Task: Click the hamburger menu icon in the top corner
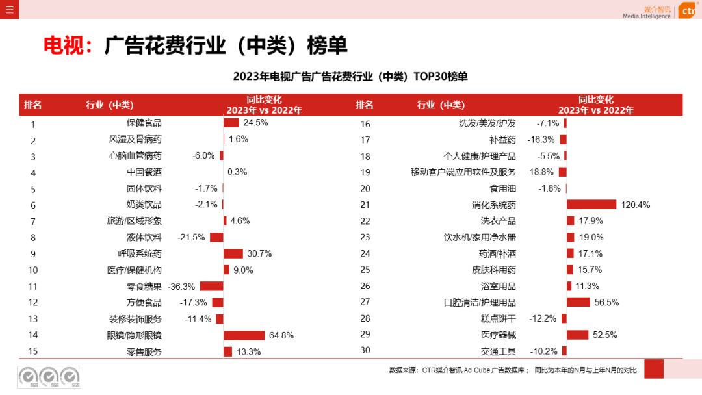pyautogui.click(x=9, y=9)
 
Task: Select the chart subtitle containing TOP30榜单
pyautogui.click(x=350, y=77)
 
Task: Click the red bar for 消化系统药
pyautogui.click(x=591, y=205)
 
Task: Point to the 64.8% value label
pyautogui.click(x=281, y=335)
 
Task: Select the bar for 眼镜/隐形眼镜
pyautogui.click(x=244, y=335)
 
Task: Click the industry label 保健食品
pyautogui.click(x=144, y=123)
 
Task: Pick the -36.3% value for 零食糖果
pyautogui.click(x=182, y=287)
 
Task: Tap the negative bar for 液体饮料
pyautogui.click(x=216, y=238)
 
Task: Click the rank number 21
pyautogui.click(x=365, y=205)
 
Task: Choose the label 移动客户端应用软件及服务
pyautogui.click(x=463, y=172)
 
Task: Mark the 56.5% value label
pyautogui.click(x=606, y=302)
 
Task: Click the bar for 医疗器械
pyautogui.click(x=577, y=335)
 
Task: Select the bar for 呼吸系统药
pyautogui.click(x=233, y=254)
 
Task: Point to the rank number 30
pyautogui.click(x=365, y=350)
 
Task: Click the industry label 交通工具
pyautogui.click(x=499, y=351)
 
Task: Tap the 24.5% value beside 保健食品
pyautogui.click(x=256, y=123)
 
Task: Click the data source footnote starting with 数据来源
pyautogui.click(x=513, y=370)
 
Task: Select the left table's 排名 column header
pyautogui.click(x=33, y=105)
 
